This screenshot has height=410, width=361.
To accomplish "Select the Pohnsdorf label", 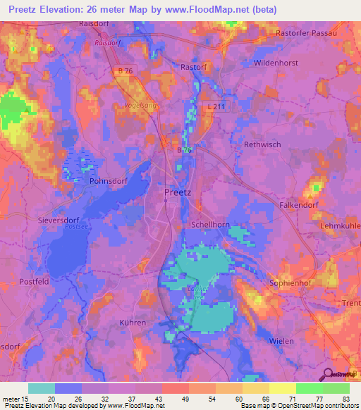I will (x=108, y=180).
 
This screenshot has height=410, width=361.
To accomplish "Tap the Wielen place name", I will (x=281, y=341).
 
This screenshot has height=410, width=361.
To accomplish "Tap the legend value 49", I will (x=176, y=399).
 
